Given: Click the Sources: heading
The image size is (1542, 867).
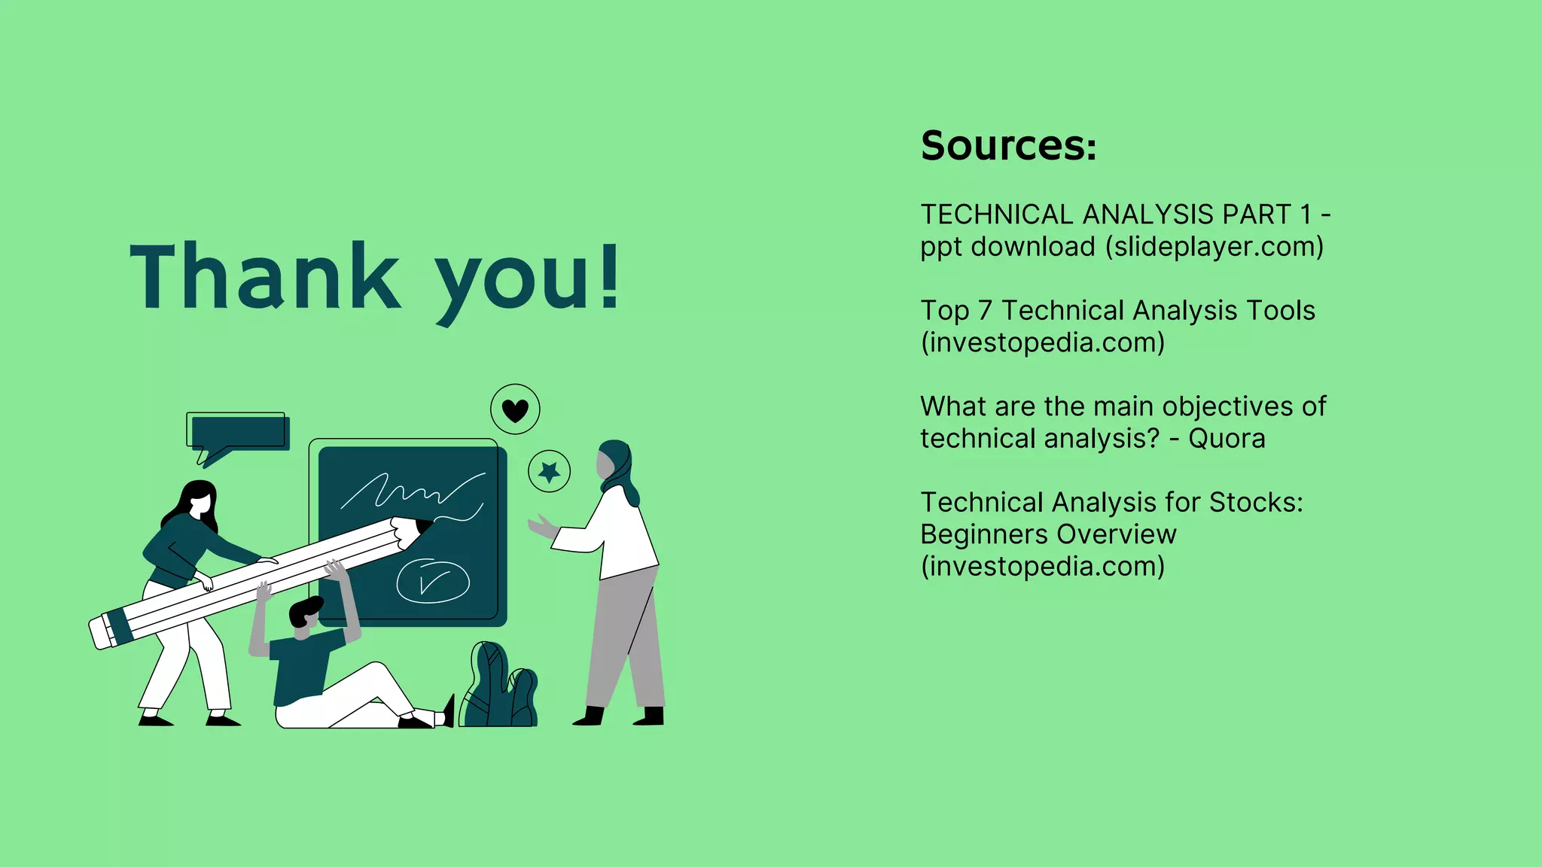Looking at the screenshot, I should click(1008, 145).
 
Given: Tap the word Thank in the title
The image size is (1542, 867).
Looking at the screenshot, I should click(265, 276).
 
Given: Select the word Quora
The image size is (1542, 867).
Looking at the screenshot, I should click(1227, 438).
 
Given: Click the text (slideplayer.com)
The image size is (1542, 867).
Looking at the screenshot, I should click(1214, 247).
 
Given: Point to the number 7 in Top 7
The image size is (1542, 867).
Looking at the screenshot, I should click(985, 311).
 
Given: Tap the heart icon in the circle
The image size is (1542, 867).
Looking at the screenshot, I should click(515, 410).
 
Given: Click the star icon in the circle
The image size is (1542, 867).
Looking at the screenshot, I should click(549, 472).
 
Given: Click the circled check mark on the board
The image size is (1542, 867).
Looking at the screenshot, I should click(433, 581).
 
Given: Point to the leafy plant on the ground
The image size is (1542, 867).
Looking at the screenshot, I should click(498, 689).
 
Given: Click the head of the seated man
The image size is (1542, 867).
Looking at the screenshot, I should click(306, 615).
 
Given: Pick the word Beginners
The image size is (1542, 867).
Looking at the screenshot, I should click(971, 534).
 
